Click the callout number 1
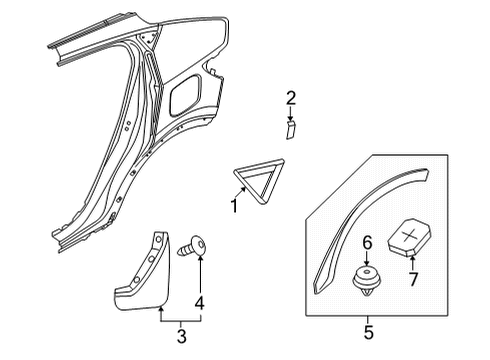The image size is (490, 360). (235, 207)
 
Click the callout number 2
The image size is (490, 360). (291, 97)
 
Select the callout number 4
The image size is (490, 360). (200, 303)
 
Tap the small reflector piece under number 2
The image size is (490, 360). (290, 132)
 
